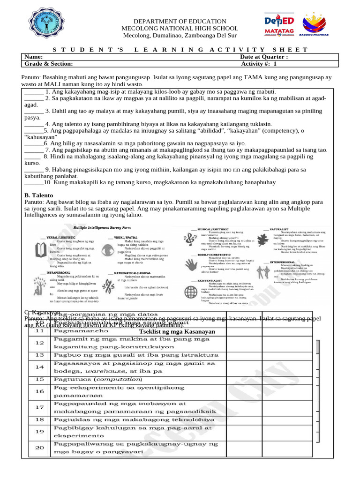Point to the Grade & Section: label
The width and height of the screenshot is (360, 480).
(49, 64)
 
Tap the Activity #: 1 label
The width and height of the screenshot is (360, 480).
(259, 64)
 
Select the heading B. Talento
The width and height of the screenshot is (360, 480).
(38, 195)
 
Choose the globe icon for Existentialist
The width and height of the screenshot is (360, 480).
(191, 292)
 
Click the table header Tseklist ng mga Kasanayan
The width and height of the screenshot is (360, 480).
(174, 331)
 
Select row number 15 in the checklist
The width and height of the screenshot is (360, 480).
(39, 379)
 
